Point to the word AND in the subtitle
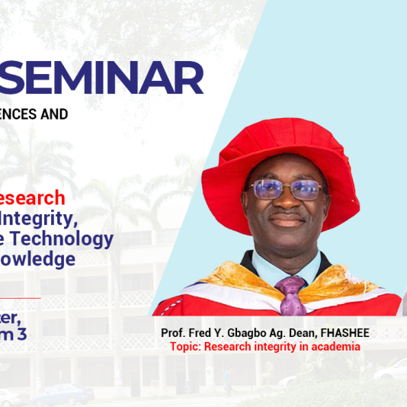tap(53, 114)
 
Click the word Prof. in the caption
tap(173, 334)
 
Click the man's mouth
tap(288, 220)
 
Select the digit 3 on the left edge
tap(32, 333)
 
